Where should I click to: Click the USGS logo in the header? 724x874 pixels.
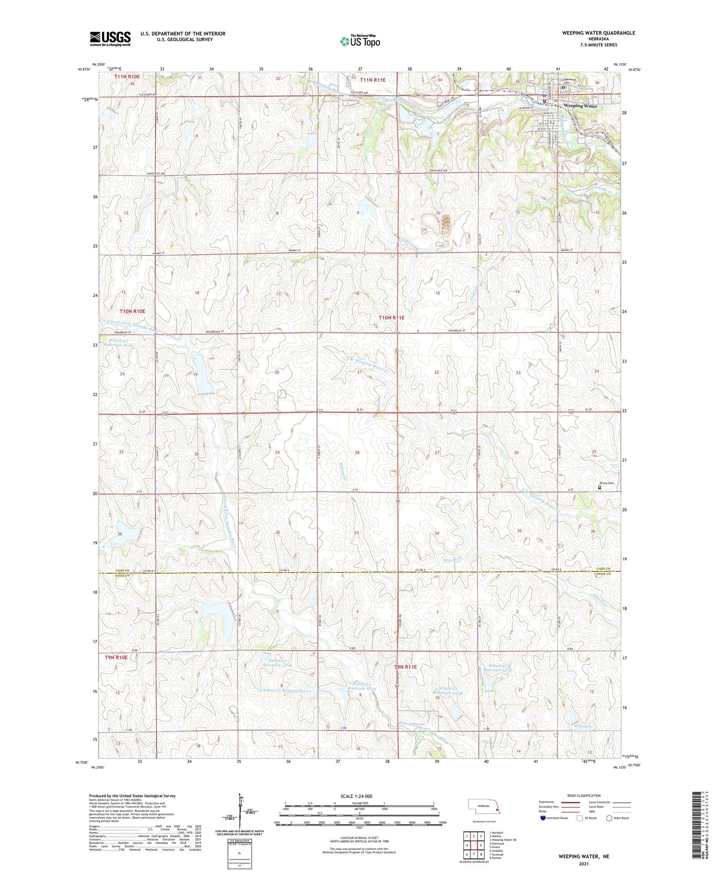[x=110, y=39]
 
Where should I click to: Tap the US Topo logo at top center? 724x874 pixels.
[x=360, y=41]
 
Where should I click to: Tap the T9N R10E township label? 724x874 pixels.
[x=116, y=657]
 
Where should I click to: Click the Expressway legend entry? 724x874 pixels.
[x=547, y=802]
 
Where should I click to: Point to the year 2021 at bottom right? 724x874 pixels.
[x=584, y=863]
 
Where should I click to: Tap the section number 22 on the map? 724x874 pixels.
[x=436, y=372]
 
